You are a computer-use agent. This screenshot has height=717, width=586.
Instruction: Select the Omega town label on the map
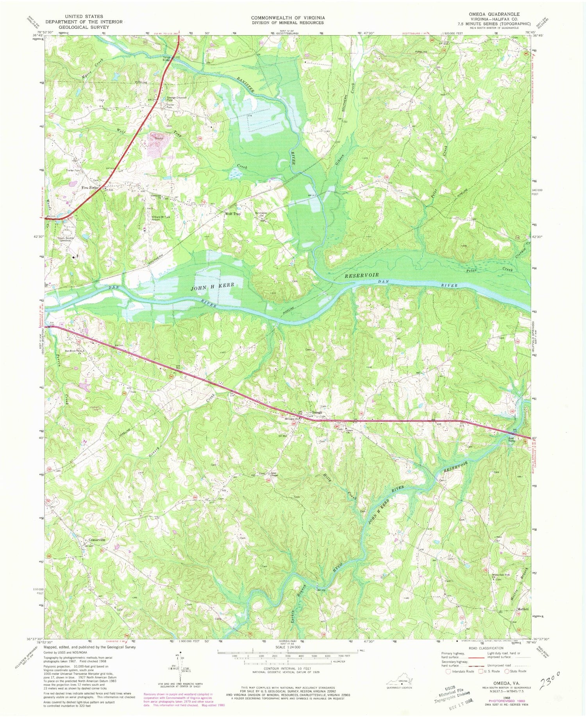pyautogui.click(x=317, y=412)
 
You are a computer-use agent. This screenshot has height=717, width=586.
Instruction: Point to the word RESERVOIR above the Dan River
pyautogui.click(x=361, y=275)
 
